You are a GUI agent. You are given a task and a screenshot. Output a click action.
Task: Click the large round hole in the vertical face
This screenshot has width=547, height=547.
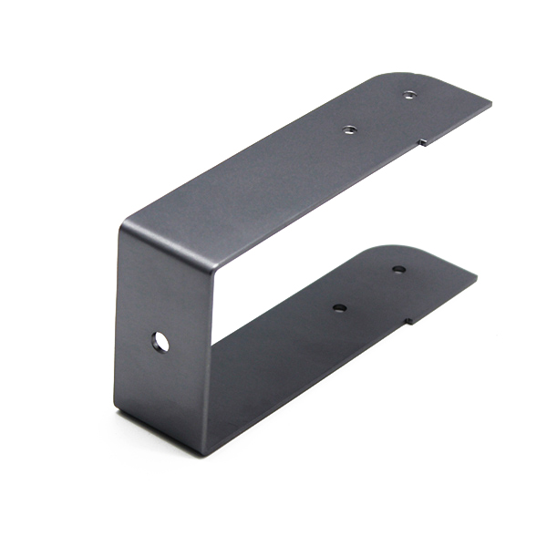160,342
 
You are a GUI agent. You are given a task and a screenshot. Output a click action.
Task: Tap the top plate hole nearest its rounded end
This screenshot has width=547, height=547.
409,93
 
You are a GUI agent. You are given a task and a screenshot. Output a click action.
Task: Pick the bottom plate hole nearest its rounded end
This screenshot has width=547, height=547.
398,269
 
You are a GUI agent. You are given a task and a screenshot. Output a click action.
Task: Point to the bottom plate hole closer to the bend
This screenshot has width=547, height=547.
339,308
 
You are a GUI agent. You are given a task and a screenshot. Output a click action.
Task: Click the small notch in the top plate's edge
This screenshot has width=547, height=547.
421,141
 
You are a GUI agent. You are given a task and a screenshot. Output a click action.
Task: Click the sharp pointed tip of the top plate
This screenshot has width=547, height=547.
490,104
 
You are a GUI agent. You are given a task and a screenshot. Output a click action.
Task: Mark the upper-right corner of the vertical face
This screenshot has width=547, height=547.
215,265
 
